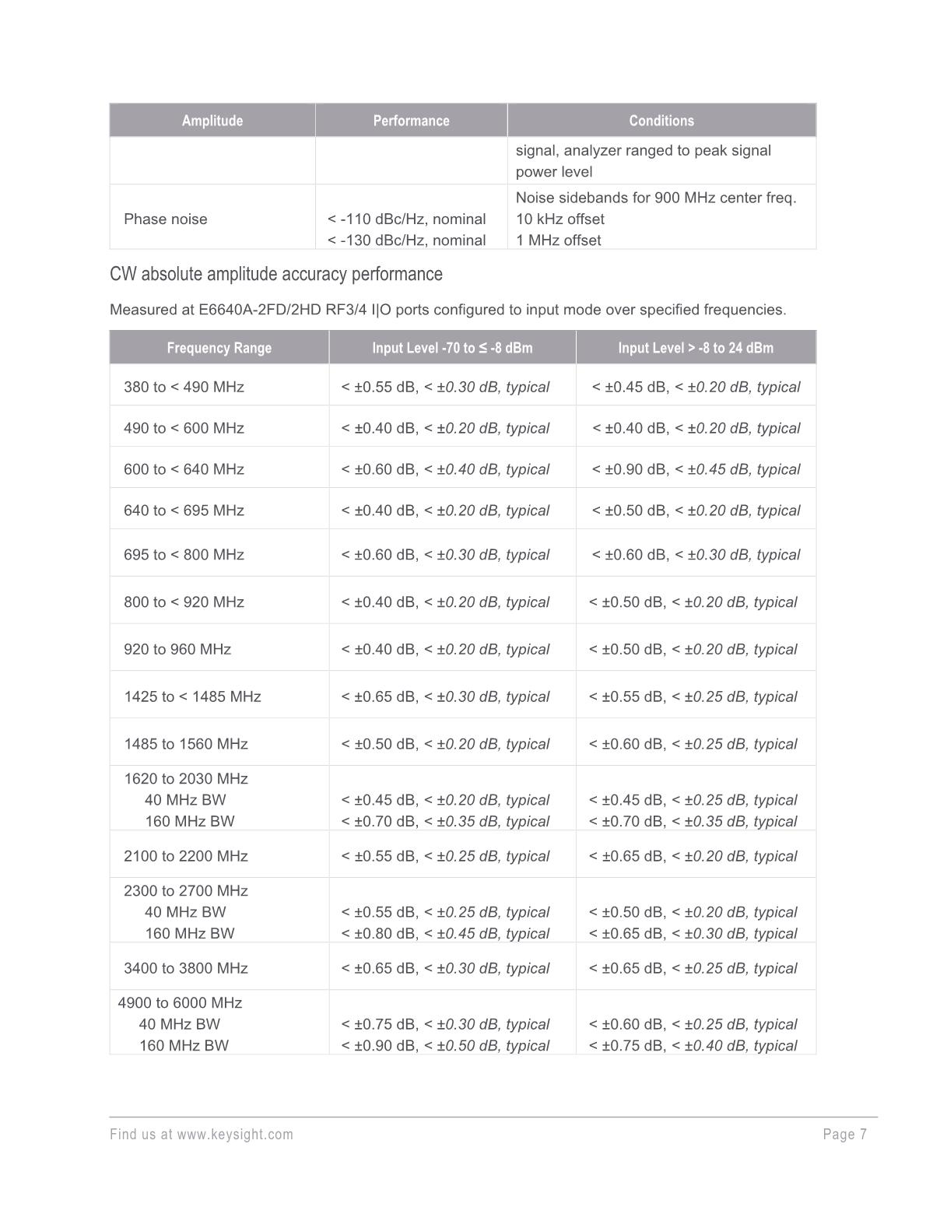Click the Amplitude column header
(212, 121)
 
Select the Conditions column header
(661, 121)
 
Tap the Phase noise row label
(165, 219)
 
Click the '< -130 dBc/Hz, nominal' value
(406, 240)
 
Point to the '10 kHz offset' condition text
(559, 219)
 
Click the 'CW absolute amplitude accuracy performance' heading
(275, 274)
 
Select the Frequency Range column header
(219, 348)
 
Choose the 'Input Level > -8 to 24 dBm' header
(695, 348)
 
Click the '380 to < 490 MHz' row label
(184, 387)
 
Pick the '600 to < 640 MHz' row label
(184, 469)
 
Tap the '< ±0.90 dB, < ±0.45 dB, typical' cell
(695, 469)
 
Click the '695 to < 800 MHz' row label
(184, 555)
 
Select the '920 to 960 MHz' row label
(177, 649)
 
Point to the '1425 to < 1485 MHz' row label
(192, 696)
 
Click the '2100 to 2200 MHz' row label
(185, 856)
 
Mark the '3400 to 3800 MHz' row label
(185, 968)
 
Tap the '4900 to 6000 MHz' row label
(180, 1003)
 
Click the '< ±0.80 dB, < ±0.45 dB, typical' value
(445, 934)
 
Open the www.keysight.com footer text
(234, 1134)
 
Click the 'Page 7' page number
(844, 1134)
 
